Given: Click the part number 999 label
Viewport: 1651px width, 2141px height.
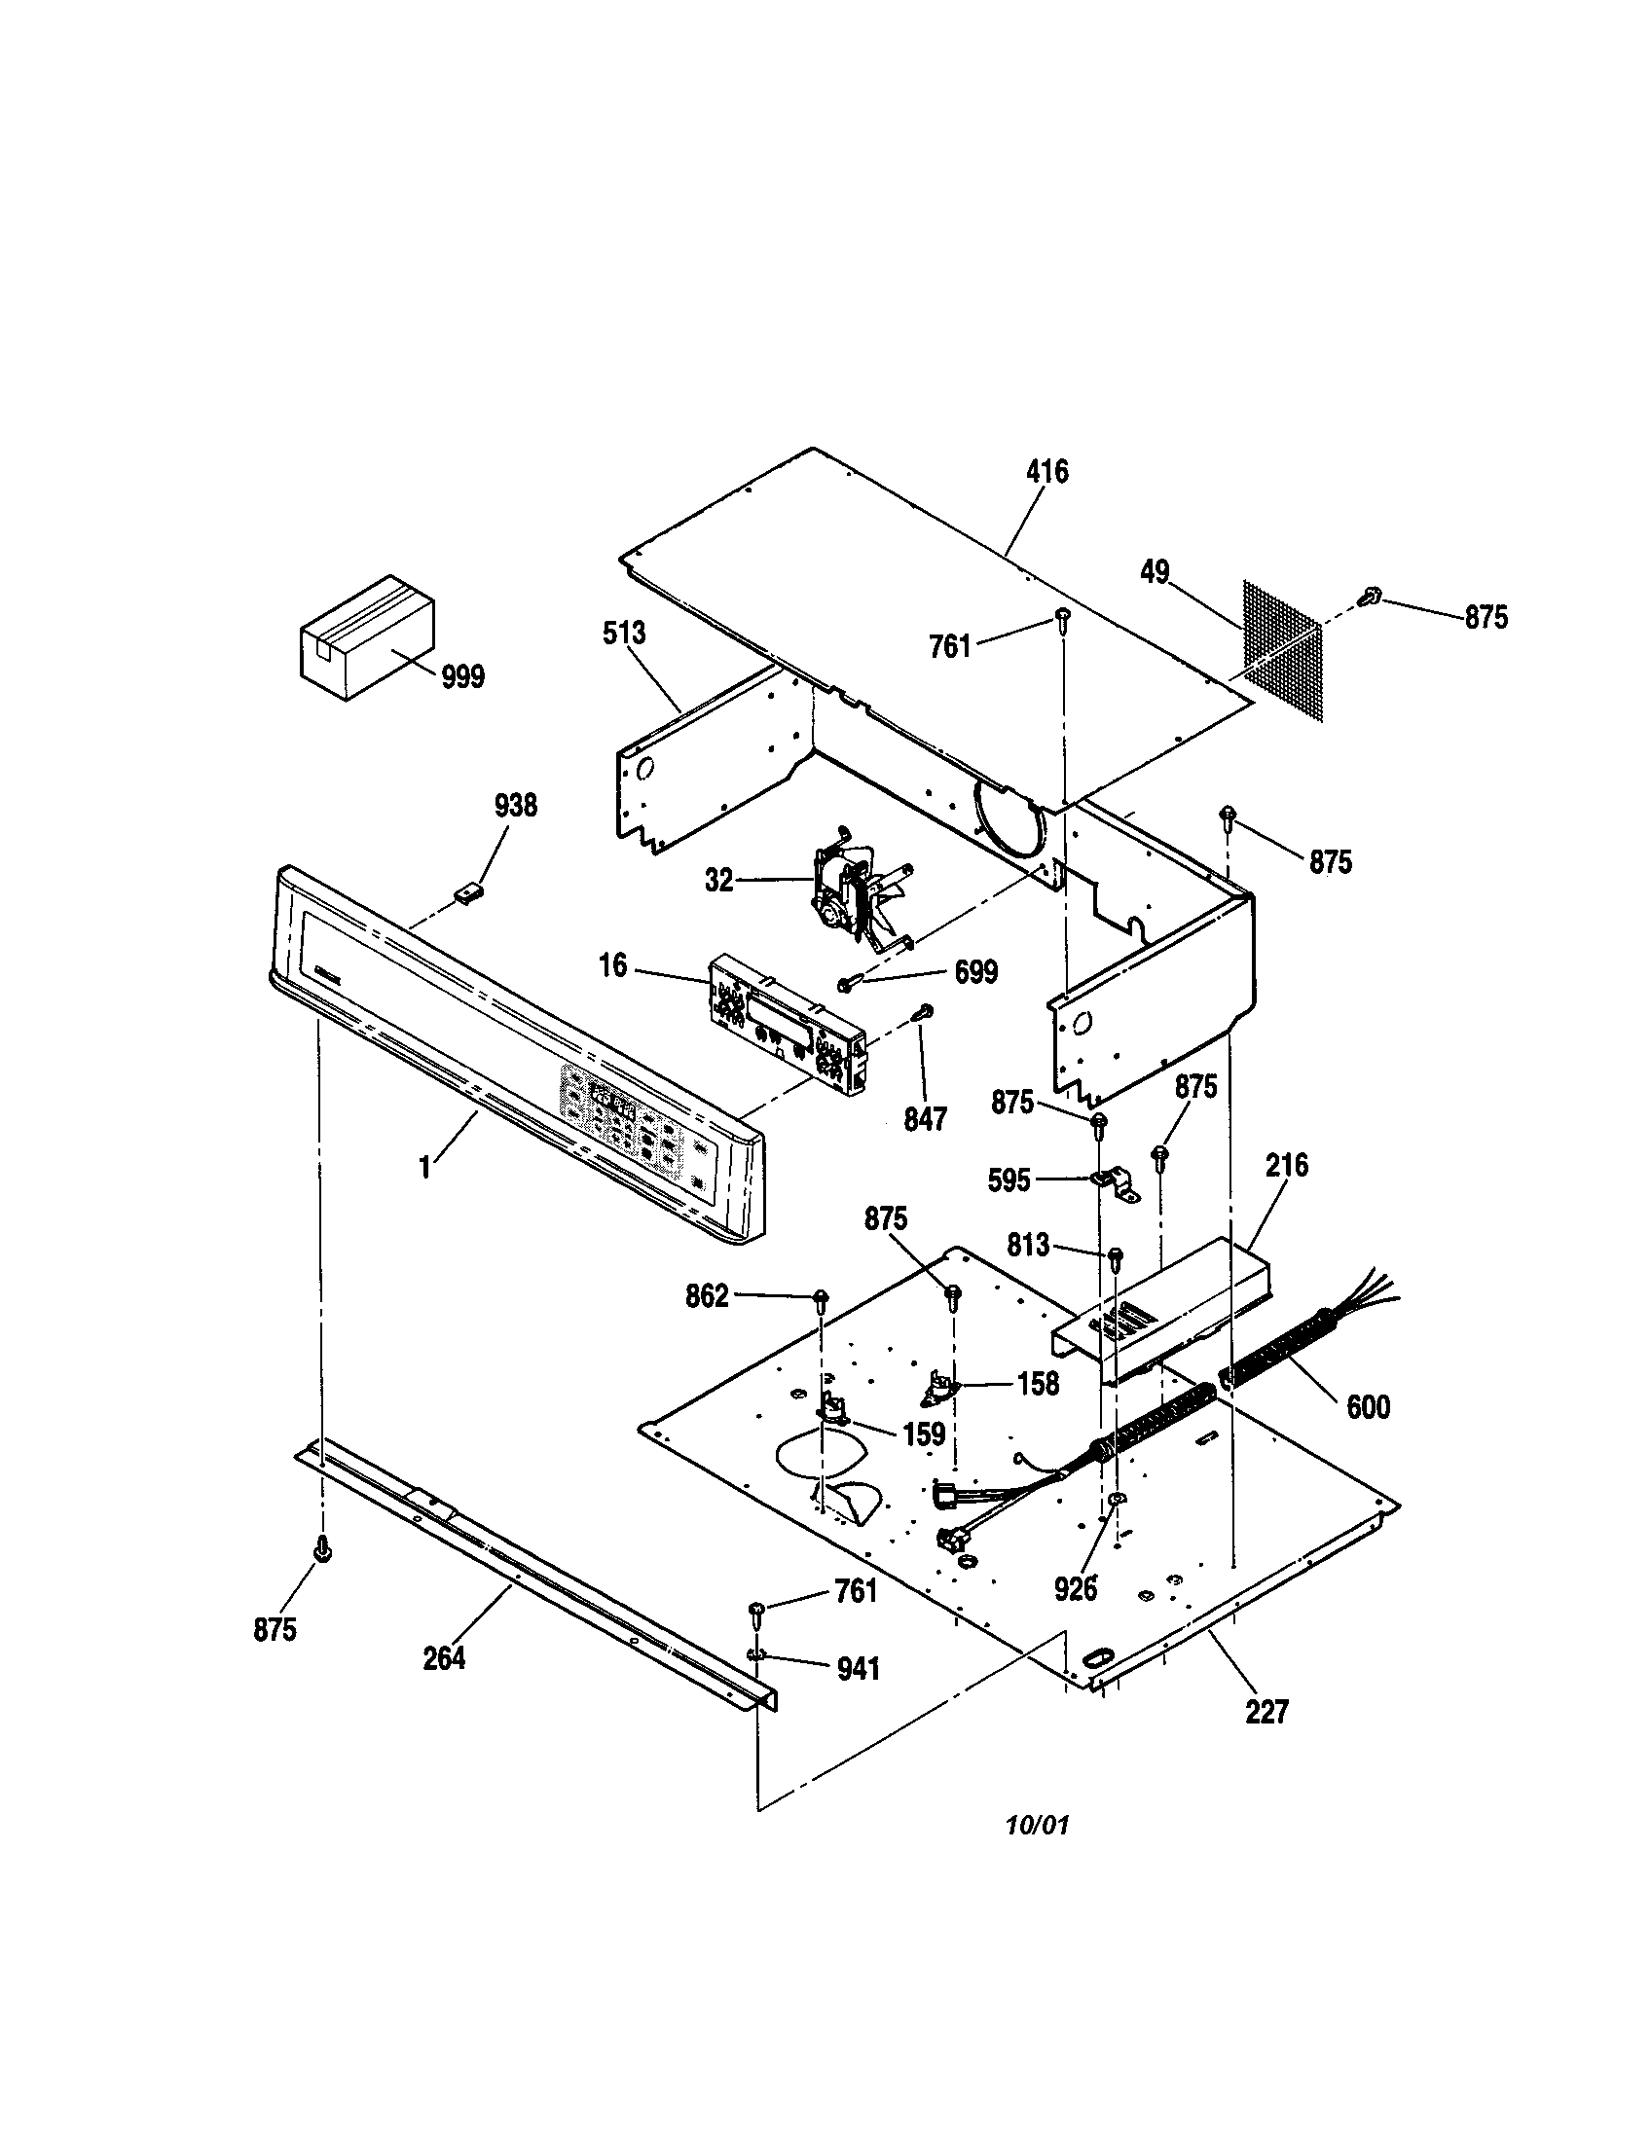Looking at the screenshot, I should point(461,676).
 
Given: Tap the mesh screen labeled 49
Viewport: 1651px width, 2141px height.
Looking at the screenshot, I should point(1282,650).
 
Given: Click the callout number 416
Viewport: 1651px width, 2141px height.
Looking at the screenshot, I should point(1047,472).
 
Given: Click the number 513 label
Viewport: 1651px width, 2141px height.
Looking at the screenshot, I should point(625,634).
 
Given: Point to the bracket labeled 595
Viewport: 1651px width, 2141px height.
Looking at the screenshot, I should point(1116,1183).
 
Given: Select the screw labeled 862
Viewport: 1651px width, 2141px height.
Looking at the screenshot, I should point(821,1300).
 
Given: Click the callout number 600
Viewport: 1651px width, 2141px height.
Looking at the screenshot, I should point(1368,1407).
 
